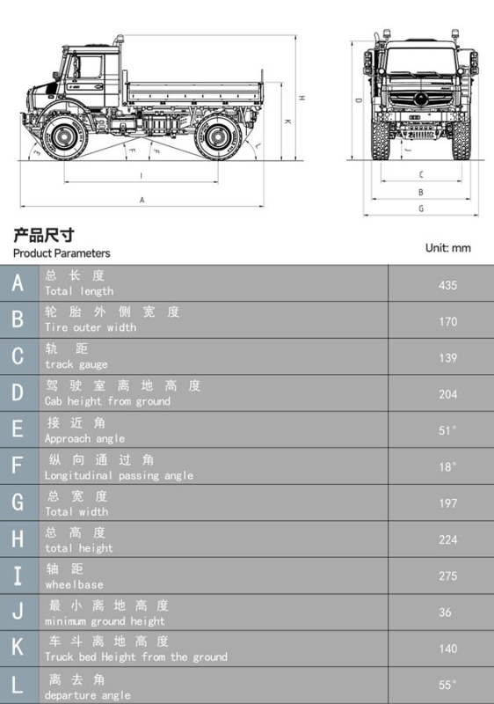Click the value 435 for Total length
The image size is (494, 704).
pyautogui.click(x=447, y=285)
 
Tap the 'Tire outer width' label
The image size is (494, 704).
pyautogui.click(x=91, y=327)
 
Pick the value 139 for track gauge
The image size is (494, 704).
pyautogui.click(x=447, y=358)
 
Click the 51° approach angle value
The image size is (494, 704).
pyautogui.click(x=448, y=430)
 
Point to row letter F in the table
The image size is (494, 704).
pyautogui.click(x=18, y=466)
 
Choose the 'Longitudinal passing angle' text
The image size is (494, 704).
pyautogui.click(x=119, y=475)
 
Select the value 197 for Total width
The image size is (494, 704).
pyautogui.click(x=447, y=503)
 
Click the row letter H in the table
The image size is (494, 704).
pyautogui.click(x=18, y=539)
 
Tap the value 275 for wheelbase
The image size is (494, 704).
pyautogui.click(x=447, y=576)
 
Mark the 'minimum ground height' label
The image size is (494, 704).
pyautogui.click(x=105, y=620)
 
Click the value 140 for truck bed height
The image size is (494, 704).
pyautogui.click(x=447, y=649)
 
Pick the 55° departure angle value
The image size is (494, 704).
pyautogui.click(x=448, y=685)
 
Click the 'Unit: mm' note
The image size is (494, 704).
pyautogui.click(x=448, y=248)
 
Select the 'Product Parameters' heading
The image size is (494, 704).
pyautogui.click(x=62, y=253)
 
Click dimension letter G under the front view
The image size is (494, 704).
pyautogui.click(x=421, y=209)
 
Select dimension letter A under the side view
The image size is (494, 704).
pyautogui.click(x=142, y=201)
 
